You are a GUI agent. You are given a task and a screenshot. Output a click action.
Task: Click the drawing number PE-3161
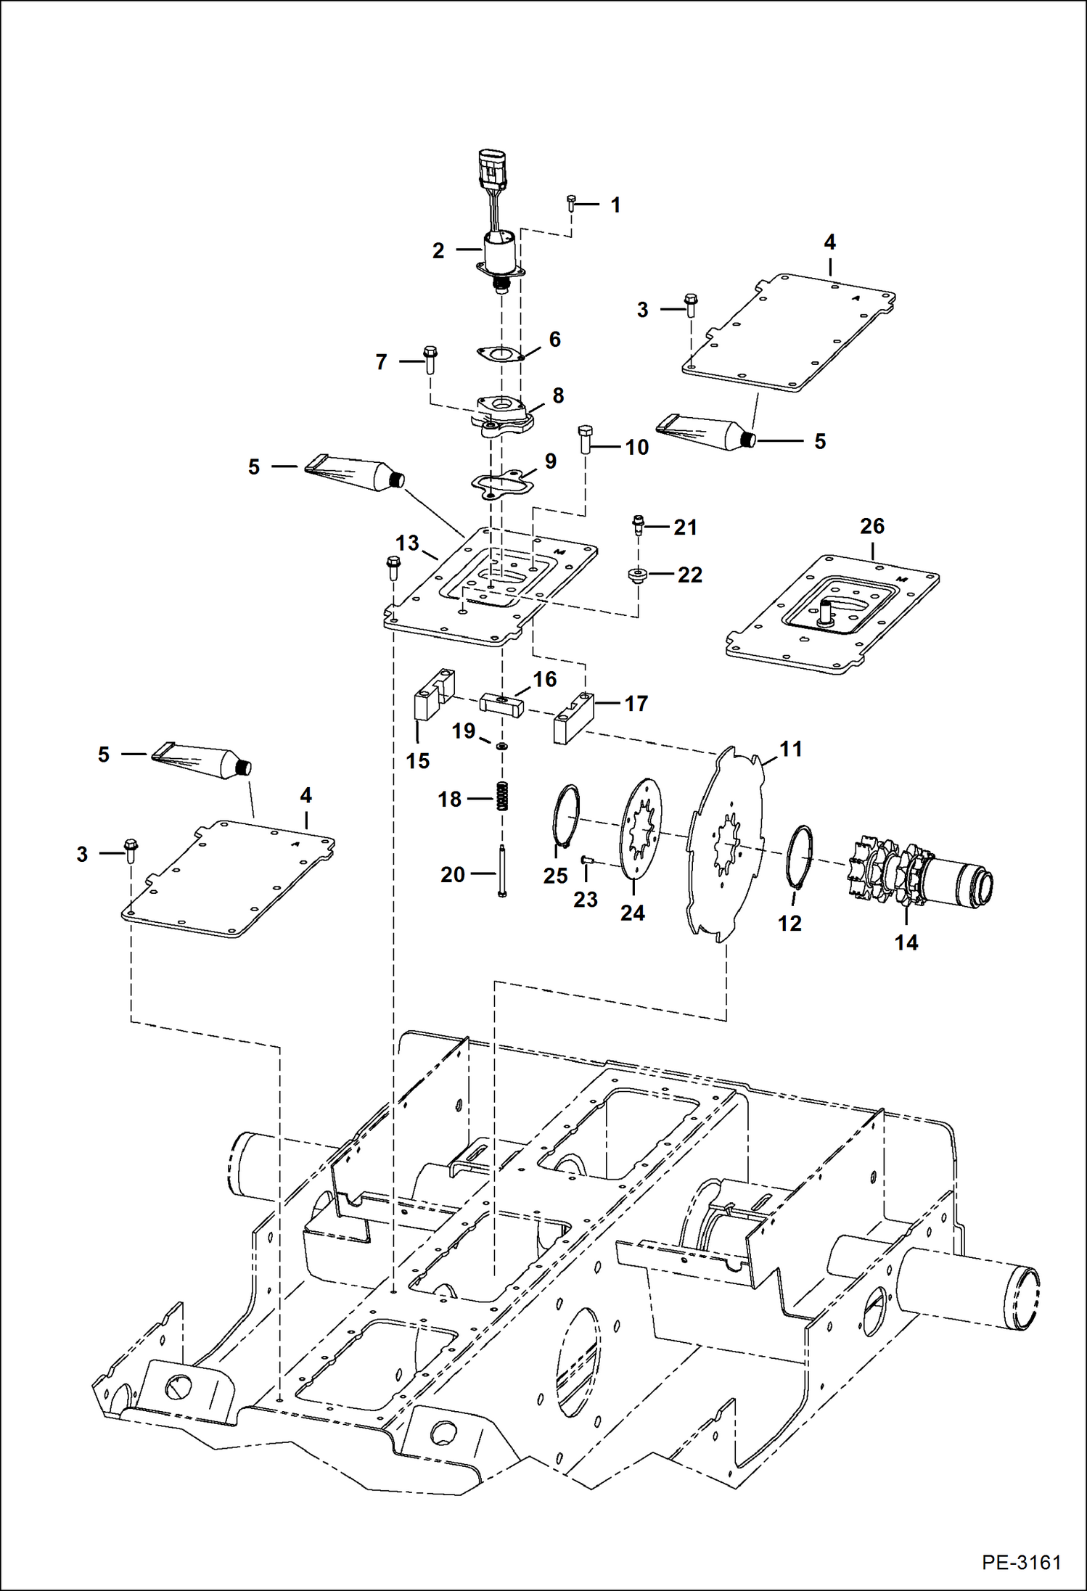[1022, 1562]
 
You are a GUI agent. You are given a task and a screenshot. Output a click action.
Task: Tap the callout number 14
[906, 942]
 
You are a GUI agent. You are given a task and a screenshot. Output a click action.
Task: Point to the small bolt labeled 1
[571, 204]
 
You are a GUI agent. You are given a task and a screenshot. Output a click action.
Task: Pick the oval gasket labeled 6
[500, 355]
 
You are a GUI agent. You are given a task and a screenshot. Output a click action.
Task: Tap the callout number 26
[871, 526]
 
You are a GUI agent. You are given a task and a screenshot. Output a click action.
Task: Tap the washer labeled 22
[636, 575]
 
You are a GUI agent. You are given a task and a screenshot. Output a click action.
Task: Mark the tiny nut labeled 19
[502, 746]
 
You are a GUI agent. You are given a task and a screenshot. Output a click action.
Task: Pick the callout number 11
[791, 748]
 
